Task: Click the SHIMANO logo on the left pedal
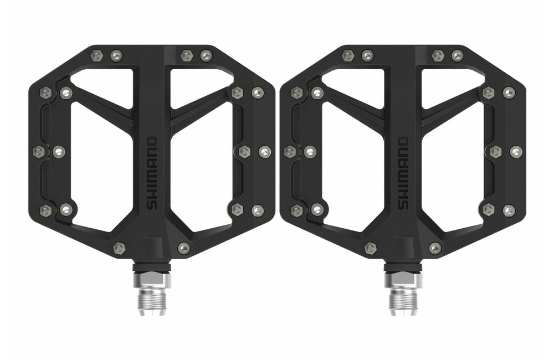pyautogui.click(x=152, y=173)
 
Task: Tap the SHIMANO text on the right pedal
pyautogui.click(x=403, y=173)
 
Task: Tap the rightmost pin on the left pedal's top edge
pyautogui.click(x=206, y=55)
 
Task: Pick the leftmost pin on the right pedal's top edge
pyautogui.click(x=347, y=55)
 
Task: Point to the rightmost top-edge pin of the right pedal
pyautogui.click(x=457, y=55)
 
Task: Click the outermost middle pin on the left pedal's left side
pyautogui.click(x=38, y=151)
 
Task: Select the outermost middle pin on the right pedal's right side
pyautogui.click(x=516, y=151)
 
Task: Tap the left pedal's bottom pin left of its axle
pyautogui.click(x=119, y=248)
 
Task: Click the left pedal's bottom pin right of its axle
pyautogui.click(x=184, y=248)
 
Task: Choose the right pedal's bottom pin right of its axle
pyautogui.click(x=435, y=249)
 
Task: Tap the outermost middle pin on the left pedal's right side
pyautogui.click(x=265, y=151)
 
